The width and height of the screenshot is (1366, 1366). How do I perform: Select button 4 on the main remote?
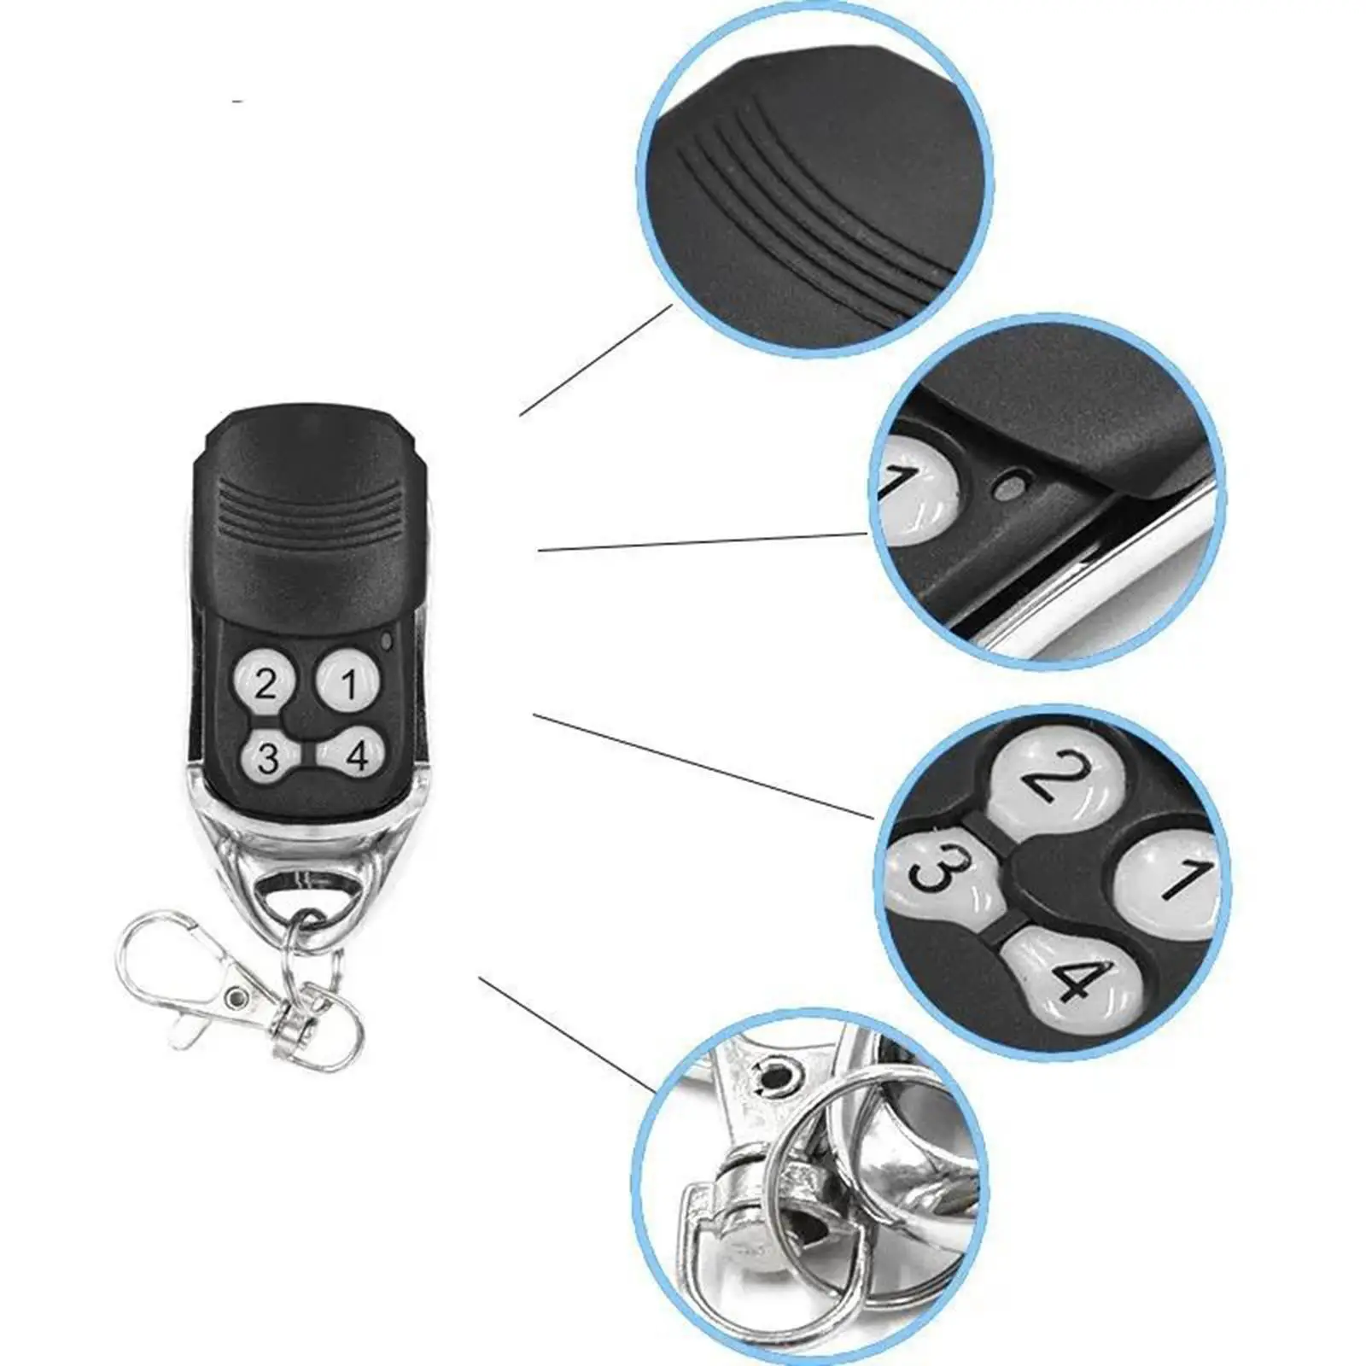(356, 754)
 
